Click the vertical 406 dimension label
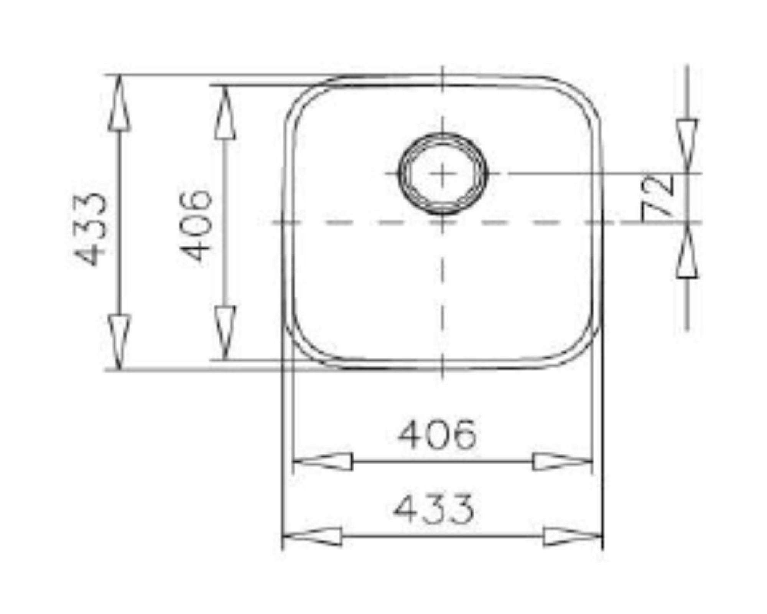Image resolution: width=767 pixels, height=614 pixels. pos(196,226)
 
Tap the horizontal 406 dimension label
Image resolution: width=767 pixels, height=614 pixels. pos(437,434)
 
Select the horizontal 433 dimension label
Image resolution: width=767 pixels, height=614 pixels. pos(433,510)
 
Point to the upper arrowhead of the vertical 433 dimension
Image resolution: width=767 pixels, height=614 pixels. pos(119,104)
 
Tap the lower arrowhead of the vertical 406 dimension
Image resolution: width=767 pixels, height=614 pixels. pos(225,332)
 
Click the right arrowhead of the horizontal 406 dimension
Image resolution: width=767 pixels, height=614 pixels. pos(562,462)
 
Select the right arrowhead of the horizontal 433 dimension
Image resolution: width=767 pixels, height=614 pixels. pos(573,536)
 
